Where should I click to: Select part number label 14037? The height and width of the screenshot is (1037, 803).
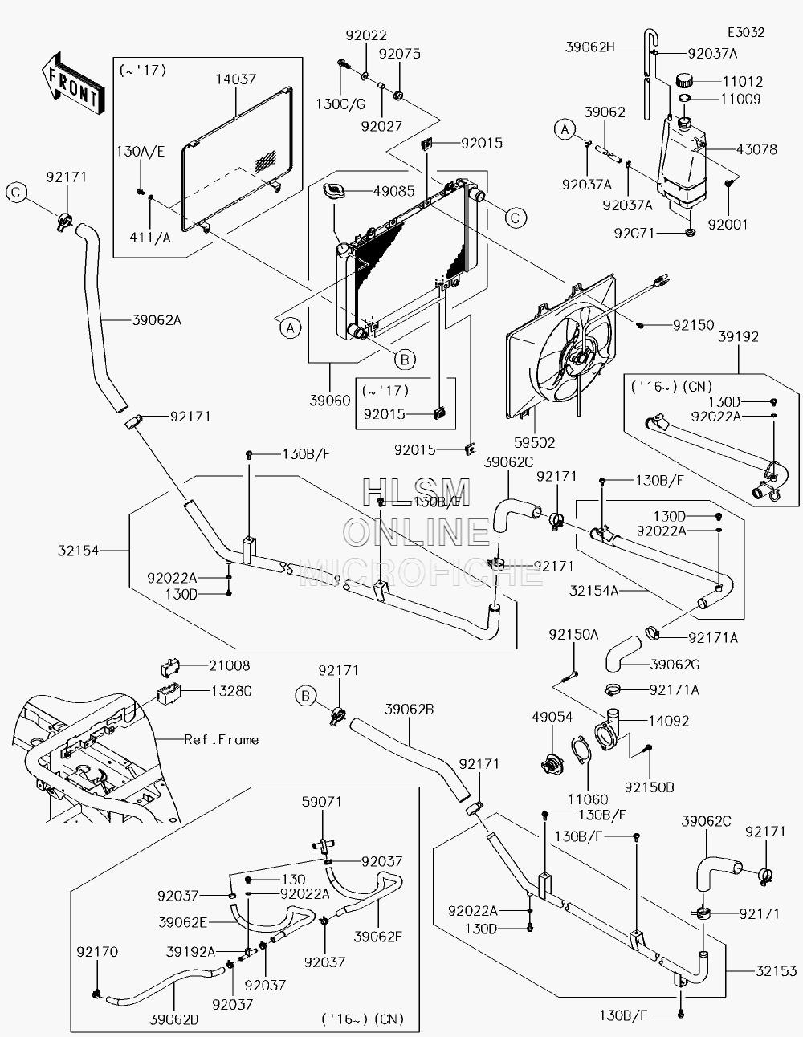pyautogui.click(x=236, y=79)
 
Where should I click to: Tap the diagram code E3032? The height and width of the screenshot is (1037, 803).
pyautogui.click(x=746, y=32)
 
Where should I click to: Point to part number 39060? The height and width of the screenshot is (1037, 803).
pyautogui.click(x=330, y=401)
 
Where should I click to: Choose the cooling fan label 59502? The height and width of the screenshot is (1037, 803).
pyautogui.click(x=535, y=443)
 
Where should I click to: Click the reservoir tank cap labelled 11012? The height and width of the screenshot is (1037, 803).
pyautogui.click(x=686, y=80)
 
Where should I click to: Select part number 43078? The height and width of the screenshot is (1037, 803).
pyautogui.click(x=756, y=149)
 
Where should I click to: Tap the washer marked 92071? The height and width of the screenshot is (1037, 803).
pyautogui.click(x=690, y=234)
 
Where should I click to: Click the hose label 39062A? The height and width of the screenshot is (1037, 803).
pyautogui.click(x=157, y=320)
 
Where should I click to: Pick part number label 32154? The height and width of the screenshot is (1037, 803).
pyautogui.click(x=79, y=551)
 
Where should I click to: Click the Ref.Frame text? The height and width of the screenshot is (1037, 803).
pyautogui.click(x=222, y=740)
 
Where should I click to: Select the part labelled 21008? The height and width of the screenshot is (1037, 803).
pyautogui.click(x=170, y=668)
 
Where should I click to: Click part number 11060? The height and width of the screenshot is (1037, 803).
pyautogui.click(x=588, y=799)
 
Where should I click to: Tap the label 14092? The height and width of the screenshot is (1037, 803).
pyautogui.click(x=669, y=721)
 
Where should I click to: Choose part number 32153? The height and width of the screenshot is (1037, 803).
pyautogui.click(x=777, y=971)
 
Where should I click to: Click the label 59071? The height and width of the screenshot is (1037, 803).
pyautogui.click(x=322, y=802)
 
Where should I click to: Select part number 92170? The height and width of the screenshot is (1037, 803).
pyautogui.click(x=97, y=952)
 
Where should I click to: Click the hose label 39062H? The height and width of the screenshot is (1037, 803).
pyautogui.click(x=590, y=47)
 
